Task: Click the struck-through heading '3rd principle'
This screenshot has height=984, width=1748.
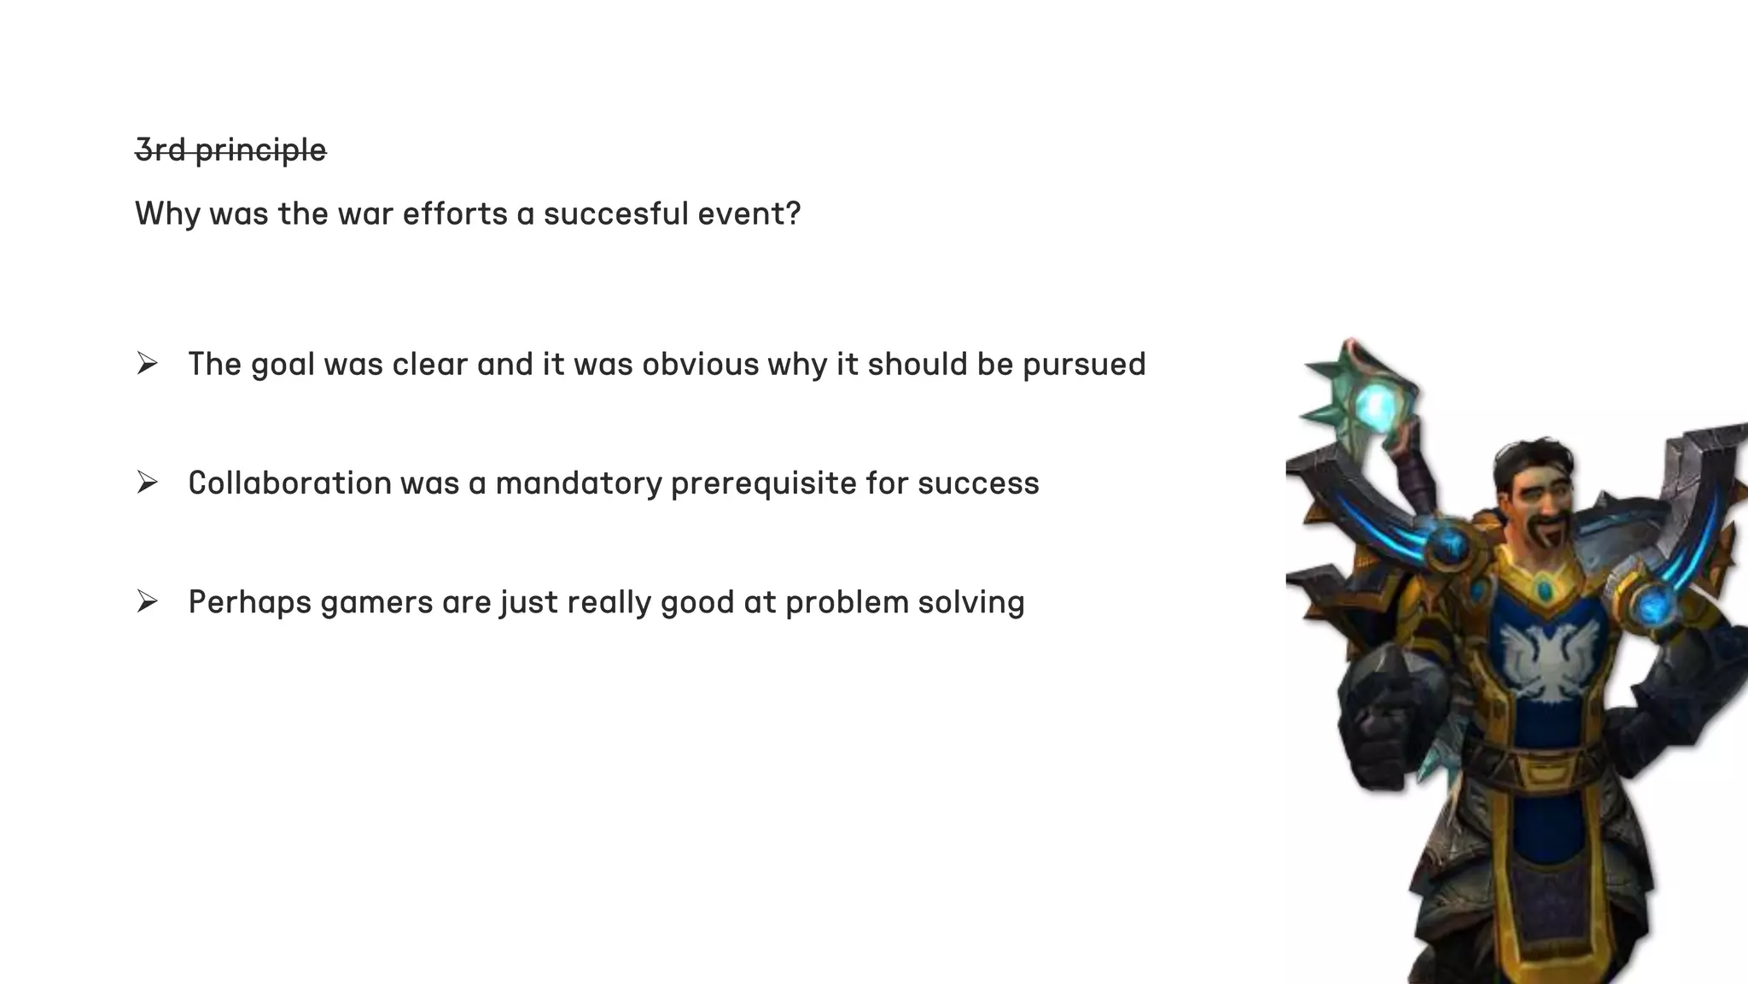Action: (x=230, y=150)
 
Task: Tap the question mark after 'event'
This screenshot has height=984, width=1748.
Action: (x=793, y=214)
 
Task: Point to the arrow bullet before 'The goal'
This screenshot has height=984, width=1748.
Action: (x=147, y=364)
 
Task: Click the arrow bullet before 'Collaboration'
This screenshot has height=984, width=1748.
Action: (x=147, y=483)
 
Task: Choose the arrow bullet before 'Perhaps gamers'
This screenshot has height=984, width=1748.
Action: (x=147, y=602)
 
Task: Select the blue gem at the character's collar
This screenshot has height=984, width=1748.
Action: (x=1543, y=589)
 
